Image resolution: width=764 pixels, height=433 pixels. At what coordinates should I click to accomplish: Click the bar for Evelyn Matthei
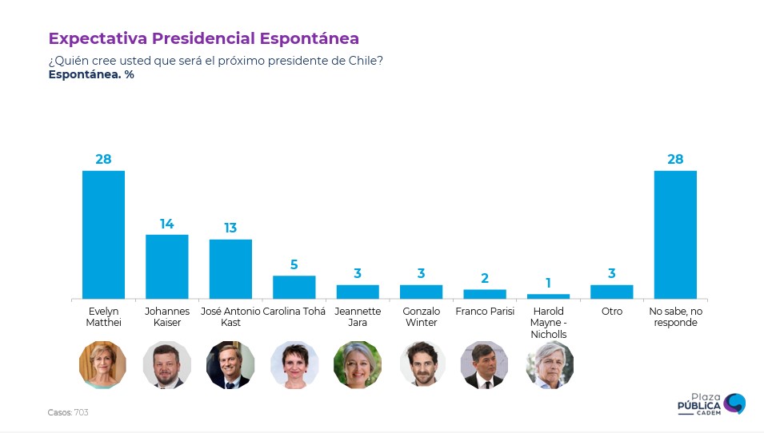(103, 234)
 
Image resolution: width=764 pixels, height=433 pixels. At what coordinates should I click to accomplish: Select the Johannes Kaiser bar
(166, 266)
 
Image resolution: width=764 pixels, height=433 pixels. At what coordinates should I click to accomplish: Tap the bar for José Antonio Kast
(230, 268)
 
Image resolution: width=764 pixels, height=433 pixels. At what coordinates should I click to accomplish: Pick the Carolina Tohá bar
(294, 287)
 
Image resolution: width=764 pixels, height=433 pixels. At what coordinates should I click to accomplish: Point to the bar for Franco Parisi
(485, 294)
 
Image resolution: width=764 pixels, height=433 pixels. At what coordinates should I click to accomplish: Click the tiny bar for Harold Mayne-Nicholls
(548, 296)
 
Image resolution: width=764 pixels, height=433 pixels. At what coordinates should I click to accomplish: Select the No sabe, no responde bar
(675, 234)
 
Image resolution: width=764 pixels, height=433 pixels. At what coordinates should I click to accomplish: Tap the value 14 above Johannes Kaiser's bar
(166, 224)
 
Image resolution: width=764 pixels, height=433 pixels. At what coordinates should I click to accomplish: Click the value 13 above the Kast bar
(230, 228)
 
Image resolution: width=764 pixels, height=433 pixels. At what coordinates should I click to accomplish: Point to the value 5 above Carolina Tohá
(294, 265)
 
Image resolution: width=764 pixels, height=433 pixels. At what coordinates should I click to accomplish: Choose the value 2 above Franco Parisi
(485, 279)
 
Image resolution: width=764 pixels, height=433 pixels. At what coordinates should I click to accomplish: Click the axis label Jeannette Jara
(358, 316)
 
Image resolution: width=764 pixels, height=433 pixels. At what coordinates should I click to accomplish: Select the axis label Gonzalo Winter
(421, 316)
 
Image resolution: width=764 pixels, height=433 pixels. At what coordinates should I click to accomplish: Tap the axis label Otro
(612, 312)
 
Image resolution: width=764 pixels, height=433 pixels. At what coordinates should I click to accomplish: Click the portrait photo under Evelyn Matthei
(103, 364)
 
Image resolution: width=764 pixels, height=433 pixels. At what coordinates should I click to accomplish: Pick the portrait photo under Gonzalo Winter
(422, 364)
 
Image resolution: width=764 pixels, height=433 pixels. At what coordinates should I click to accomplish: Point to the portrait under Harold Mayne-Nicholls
(549, 364)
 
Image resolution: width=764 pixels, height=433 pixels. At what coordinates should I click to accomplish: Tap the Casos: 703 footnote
(68, 412)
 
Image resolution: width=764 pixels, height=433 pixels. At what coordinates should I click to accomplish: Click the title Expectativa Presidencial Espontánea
(204, 38)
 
